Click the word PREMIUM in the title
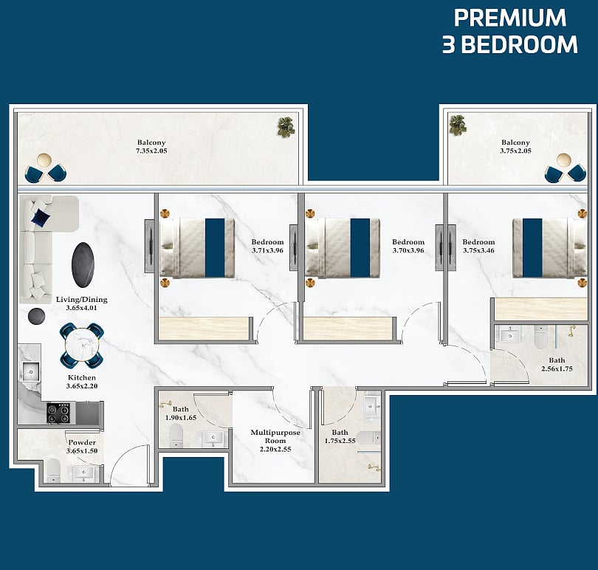[510, 18]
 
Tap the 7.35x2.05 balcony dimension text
[151, 151]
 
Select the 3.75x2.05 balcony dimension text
[515, 151]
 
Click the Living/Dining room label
[82, 300]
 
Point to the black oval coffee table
[83, 265]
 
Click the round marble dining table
[82, 346]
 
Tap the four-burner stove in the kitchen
[58, 413]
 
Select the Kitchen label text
[82, 378]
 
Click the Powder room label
[82, 442]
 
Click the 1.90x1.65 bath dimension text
[181, 418]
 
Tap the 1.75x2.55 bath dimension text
[340, 441]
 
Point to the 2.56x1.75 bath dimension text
[557, 368]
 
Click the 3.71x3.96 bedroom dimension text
[267, 250]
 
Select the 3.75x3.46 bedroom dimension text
[478, 250]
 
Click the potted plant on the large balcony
[286, 127]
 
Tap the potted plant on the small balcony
[458, 125]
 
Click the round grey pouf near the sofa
[36, 316]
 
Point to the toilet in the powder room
[53, 470]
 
